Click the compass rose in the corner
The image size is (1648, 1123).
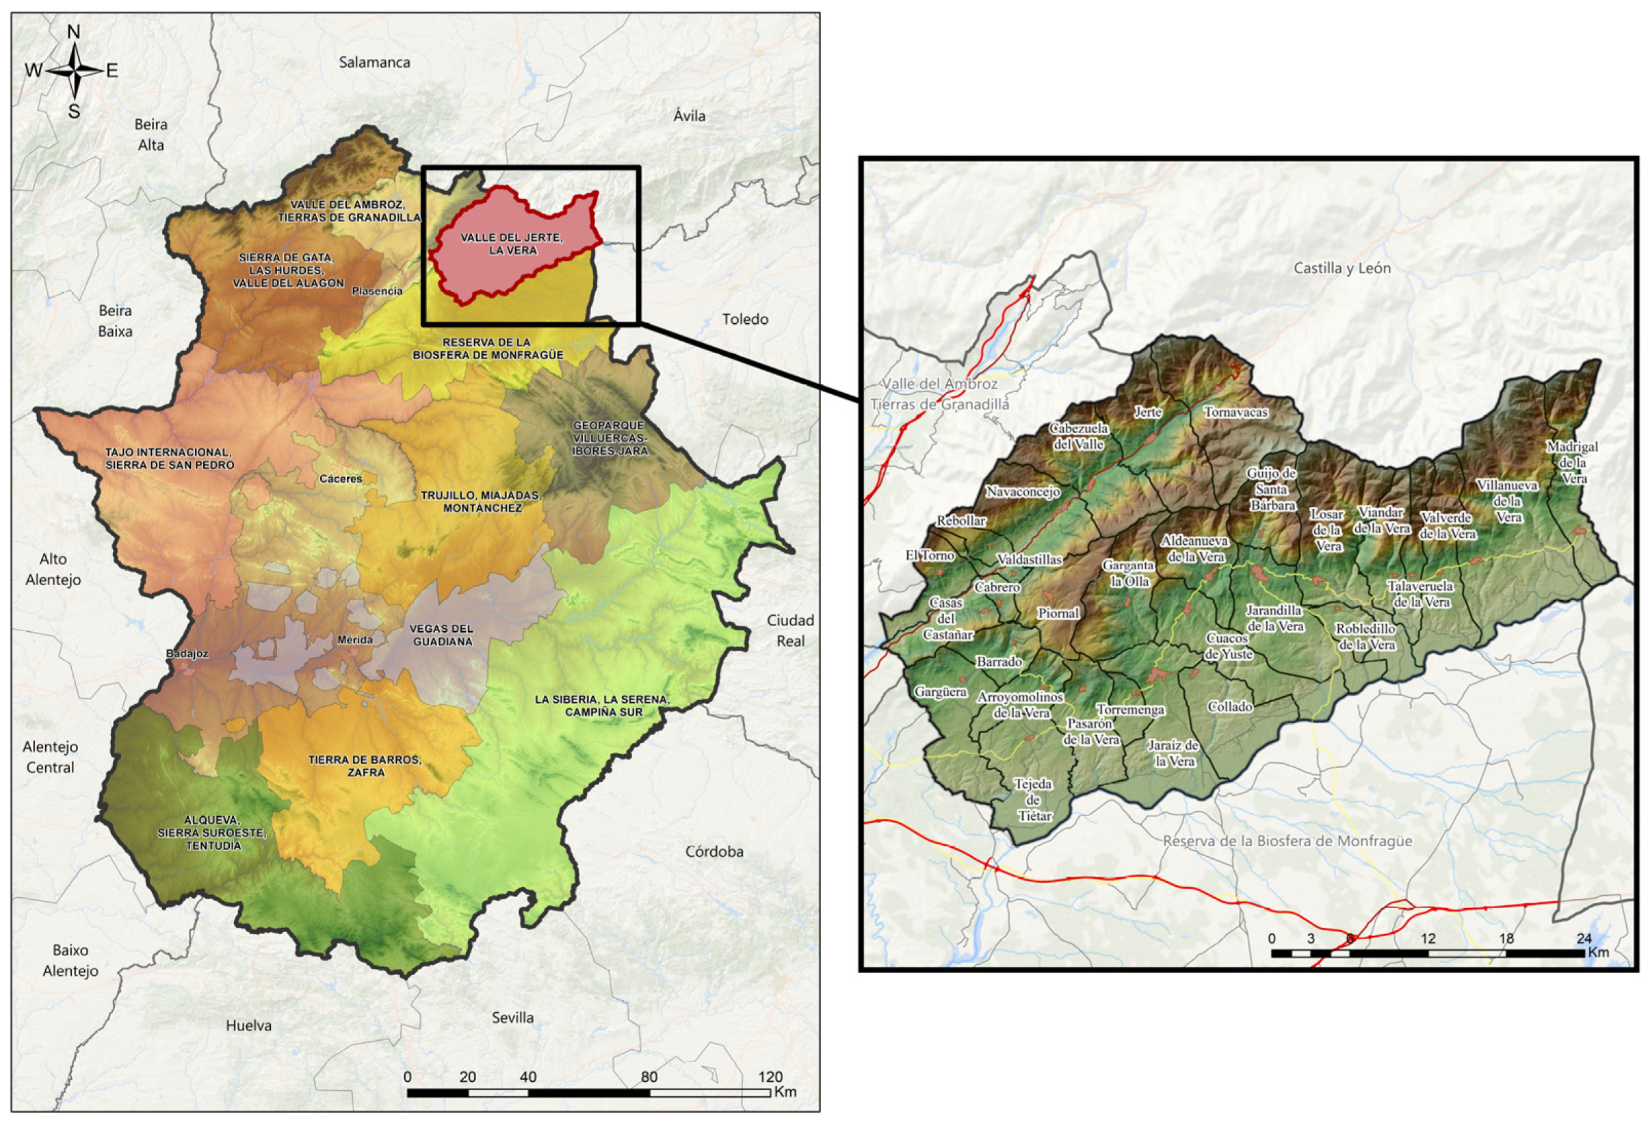click(74, 71)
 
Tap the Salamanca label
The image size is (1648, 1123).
click(374, 62)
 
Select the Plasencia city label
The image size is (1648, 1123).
click(376, 291)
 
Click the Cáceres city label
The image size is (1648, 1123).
click(341, 479)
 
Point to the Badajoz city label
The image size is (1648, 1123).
click(187, 654)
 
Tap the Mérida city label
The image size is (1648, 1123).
click(354, 639)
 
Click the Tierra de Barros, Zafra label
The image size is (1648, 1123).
click(365, 766)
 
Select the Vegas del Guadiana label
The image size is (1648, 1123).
click(441, 635)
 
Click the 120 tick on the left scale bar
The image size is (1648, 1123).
click(770, 1076)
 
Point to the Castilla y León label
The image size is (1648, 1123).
click(1342, 268)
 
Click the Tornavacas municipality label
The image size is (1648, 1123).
click(1235, 412)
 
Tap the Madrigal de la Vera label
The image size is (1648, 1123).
click(1572, 463)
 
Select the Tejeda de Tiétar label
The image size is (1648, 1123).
click(1034, 800)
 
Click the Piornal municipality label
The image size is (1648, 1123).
click(1058, 613)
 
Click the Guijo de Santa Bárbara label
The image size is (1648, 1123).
click(1272, 489)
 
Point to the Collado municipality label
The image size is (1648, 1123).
click(1229, 706)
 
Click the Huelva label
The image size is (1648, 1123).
click(249, 1025)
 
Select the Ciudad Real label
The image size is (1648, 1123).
click(790, 630)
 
